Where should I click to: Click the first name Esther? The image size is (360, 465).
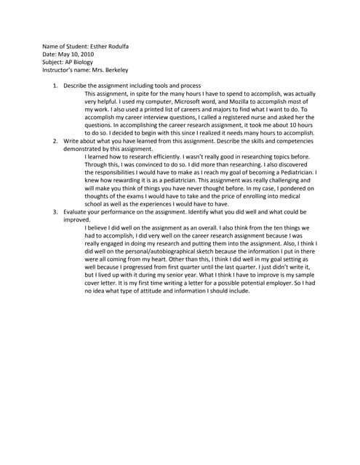point(99,46)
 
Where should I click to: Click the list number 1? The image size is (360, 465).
point(55,86)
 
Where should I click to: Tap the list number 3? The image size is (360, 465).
point(55,211)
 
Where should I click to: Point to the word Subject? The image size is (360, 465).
point(54,62)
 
